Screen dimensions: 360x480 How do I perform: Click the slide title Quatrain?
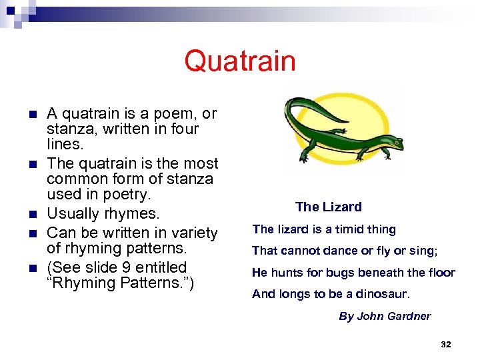[x=240, y=61]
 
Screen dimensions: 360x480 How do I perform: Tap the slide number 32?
[x=446, y=344]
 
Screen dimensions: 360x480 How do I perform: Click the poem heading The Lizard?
[x=328, y=207]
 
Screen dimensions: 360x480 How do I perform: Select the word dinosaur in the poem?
[x=383, y=294]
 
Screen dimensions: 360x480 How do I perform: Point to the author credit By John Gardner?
[x=385, y=316]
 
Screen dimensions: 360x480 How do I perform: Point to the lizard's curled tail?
[x=300, y=107]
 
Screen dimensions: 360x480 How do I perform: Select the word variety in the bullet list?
[x=193, y=233]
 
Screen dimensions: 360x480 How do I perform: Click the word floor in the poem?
[x=440, y=272]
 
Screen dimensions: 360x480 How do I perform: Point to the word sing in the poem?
[x=424, y=251]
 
